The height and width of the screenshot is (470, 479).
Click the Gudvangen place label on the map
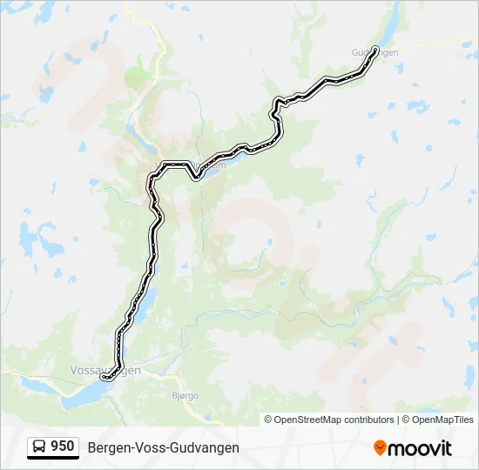tap(375, 53)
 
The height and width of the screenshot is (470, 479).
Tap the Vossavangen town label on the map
tap(105, 370)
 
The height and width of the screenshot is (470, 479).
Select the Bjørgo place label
tap(180, 395)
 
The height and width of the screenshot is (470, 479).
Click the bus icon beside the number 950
tap(39, 446)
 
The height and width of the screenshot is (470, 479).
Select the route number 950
tap(63, 446)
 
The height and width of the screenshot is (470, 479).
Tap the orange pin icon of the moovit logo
tap(380, 447)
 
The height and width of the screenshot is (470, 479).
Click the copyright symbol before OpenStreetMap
tap(268, 420)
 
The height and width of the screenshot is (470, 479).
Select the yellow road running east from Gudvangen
tap(435, 44)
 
